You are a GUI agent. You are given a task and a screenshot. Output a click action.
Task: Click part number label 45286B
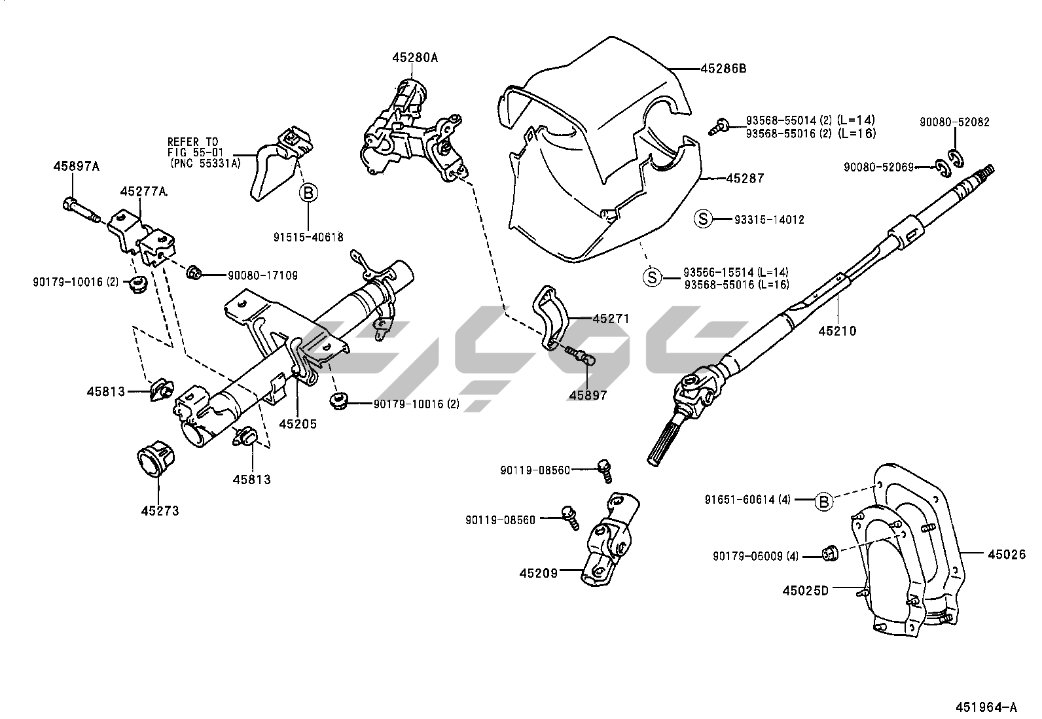723,68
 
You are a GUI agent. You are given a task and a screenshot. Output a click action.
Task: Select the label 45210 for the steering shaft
836,331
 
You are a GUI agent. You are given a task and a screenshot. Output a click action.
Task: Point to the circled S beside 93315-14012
702,220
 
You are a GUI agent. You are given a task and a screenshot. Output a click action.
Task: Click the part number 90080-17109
262,276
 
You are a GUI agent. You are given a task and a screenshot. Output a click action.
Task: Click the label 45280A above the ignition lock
415,58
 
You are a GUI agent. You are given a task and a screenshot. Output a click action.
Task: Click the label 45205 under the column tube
298,423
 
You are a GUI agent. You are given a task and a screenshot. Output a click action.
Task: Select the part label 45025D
805,590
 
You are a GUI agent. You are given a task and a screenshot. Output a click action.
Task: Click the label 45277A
143,192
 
